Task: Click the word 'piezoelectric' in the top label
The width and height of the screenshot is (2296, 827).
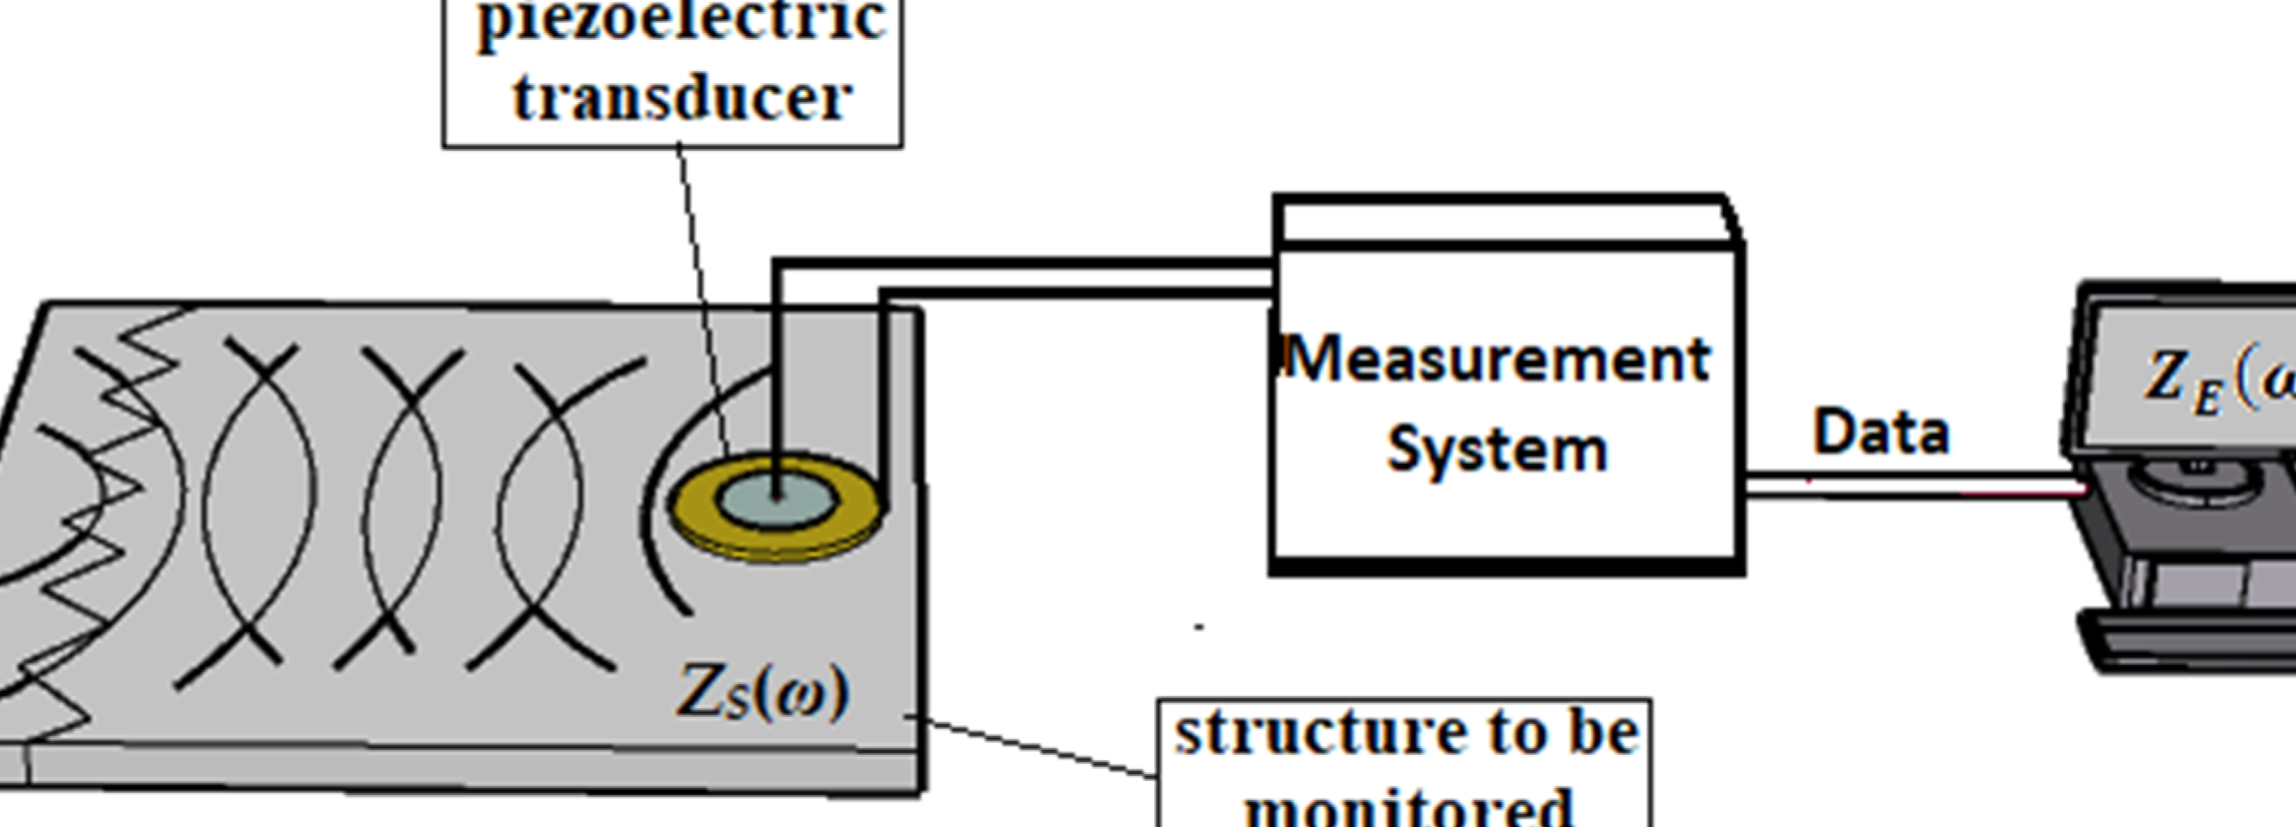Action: (682, 20)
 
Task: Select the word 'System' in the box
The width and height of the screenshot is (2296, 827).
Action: (1498, 448)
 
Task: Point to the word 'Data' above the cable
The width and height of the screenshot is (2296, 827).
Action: (1881, 433)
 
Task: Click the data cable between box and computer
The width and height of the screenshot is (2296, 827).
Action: (1908, 486)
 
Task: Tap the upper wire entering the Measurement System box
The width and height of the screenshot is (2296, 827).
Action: (1025, 263)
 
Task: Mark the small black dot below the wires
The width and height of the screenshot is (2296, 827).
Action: (1200, 628)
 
